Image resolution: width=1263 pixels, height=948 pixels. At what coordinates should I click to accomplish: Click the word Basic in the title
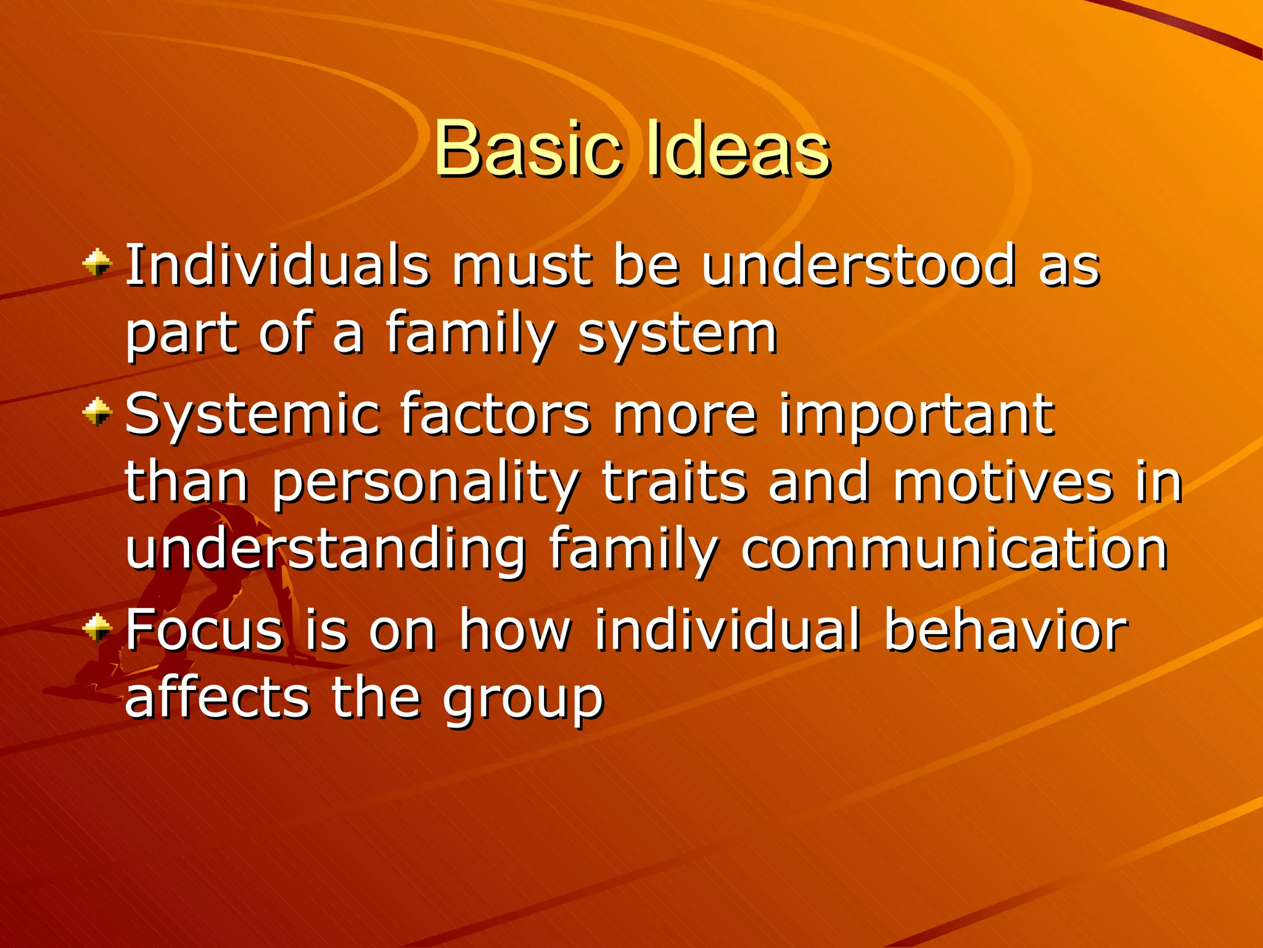tap(527, 149)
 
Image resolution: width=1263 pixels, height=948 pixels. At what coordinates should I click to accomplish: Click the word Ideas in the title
tap(737, 149)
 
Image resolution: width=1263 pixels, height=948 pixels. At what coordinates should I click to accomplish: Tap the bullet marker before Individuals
tap(97, 264)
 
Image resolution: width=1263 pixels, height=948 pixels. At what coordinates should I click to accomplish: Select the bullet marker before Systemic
tap(97, 412)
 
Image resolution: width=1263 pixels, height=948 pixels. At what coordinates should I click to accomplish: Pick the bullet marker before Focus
tap(97, 628)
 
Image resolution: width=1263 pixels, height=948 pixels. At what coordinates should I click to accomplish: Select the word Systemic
tap(252, 415)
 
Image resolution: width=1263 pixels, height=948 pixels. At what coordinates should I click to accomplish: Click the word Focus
tap(204, 630)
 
